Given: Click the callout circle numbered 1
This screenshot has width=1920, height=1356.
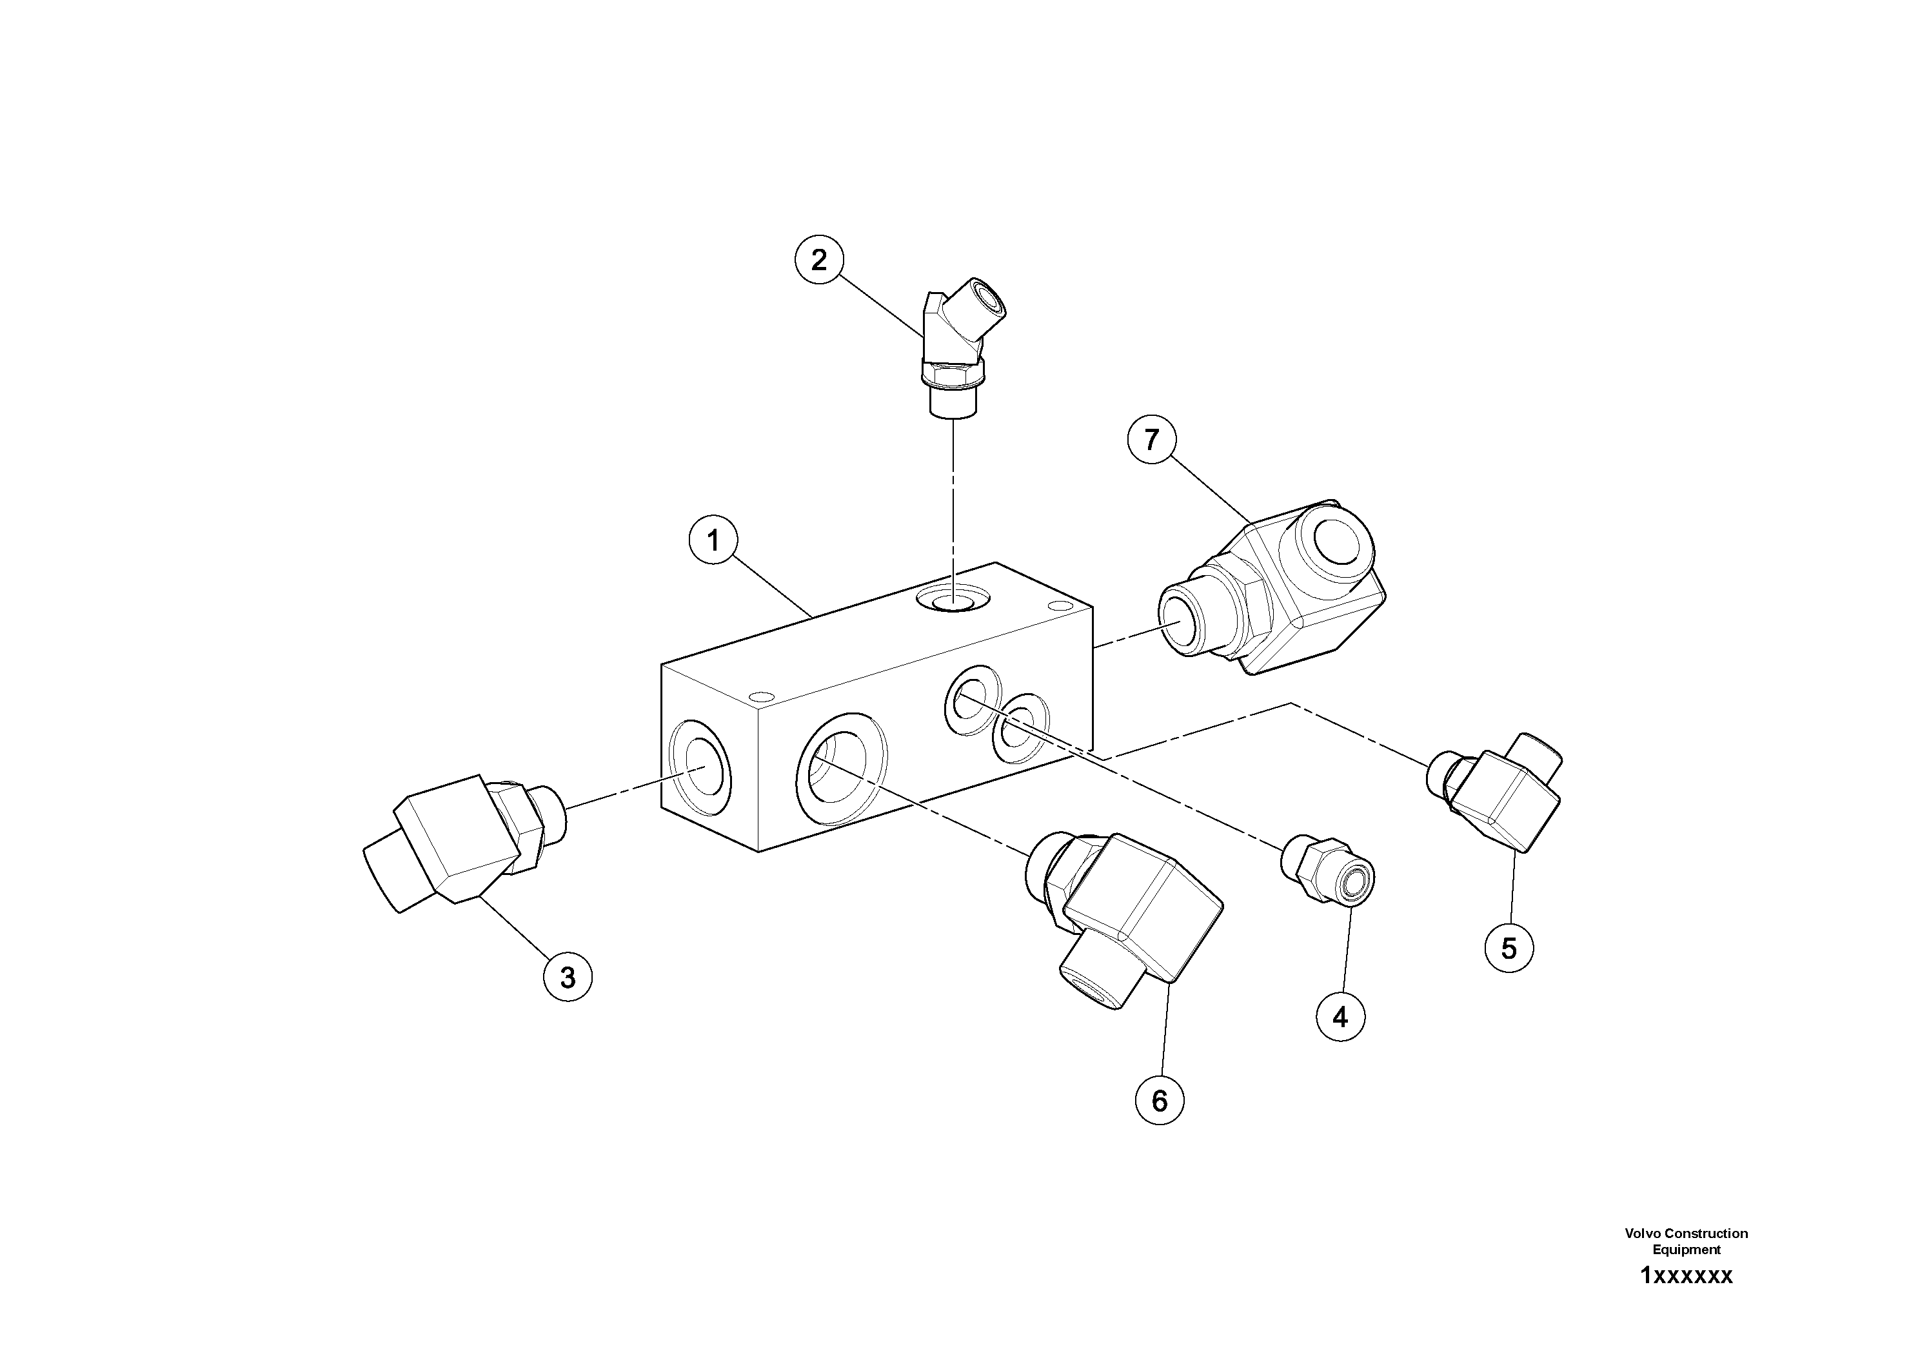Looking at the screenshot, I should (713, 541).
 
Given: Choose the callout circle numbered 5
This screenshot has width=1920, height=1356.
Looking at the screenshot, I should (1509, 948).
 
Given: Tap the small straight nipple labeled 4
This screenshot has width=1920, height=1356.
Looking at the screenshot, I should (1328, 867).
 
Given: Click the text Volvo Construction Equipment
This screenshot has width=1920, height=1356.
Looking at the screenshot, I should (1686, 1241).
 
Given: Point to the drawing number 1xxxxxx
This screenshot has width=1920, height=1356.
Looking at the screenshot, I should (1686, 1276).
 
